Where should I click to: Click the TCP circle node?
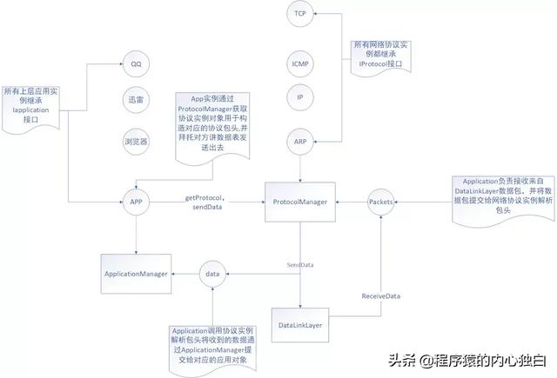[299, 15]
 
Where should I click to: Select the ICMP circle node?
[299, 64]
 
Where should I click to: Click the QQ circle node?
[135, 64]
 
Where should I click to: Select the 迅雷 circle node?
[135, 101]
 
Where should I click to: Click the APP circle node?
[135, 202]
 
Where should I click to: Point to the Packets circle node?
[380, 202]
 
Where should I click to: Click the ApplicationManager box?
[136, 274]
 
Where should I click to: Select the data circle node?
[212, 274]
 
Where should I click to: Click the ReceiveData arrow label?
[380, 296]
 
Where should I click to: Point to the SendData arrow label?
[300, 263]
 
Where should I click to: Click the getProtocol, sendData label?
[208, 202]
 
